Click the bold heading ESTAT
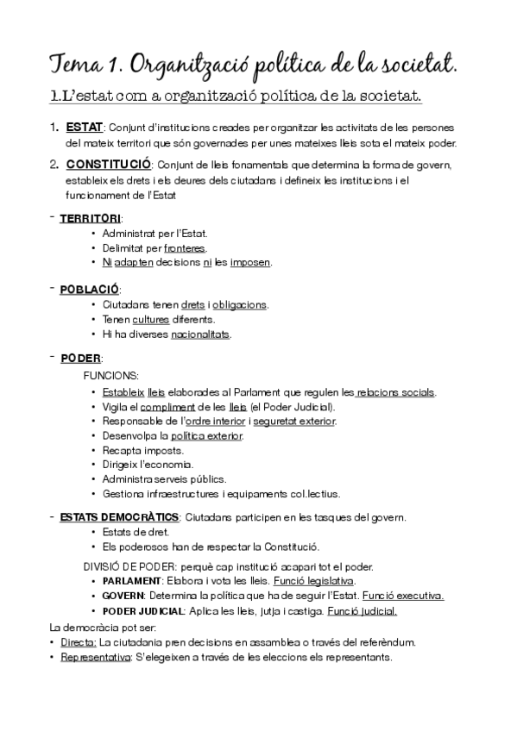click(85, 128)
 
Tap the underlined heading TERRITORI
click(91, 218)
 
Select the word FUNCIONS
click(110, 376)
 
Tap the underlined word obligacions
click(240, 305)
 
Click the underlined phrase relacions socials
click(396, 392)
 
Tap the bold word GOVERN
click(122, 596)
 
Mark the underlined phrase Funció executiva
click(403, 596)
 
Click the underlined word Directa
click(79, 642)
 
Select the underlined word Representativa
click(95, 657)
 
